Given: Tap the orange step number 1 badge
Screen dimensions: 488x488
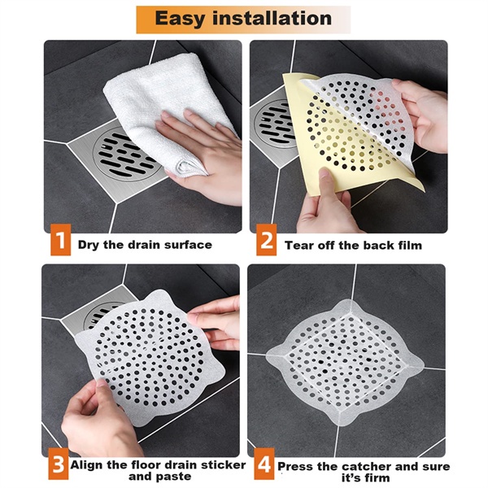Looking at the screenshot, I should (x=59, y=243).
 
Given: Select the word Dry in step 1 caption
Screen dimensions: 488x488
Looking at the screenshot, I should (x=89, y=244).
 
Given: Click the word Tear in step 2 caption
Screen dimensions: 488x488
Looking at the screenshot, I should (x=298, y=244).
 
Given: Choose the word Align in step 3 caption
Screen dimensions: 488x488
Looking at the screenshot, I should (x=89, y=465).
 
